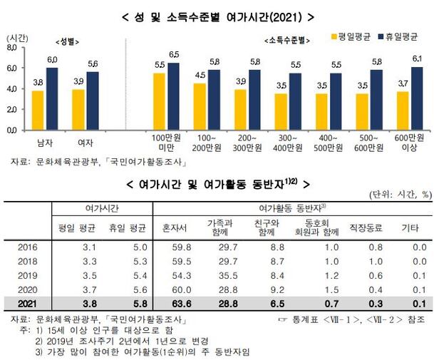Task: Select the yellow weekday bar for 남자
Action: coord(37,110)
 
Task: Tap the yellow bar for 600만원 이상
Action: coord(402,111)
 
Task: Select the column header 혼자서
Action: coord(175,229)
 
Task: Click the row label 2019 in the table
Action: coord(27,274)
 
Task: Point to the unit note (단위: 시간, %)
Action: coord(400,194)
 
